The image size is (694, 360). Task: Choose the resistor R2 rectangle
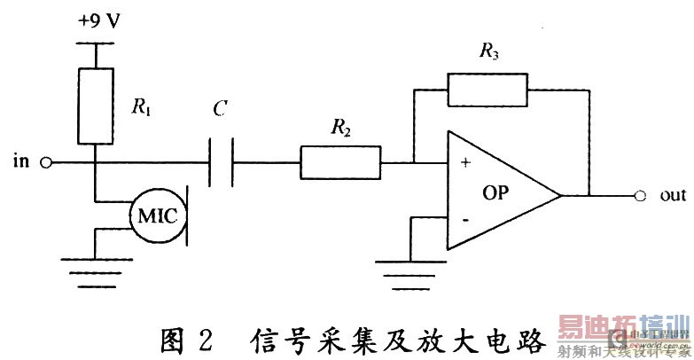click(340, 163)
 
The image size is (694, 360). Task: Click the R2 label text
click(339, 130)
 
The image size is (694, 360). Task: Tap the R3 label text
click(487, 52)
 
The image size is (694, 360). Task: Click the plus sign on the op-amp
click(465, 165)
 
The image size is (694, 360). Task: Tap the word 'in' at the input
click(20, 162)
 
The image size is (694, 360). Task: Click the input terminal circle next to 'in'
click(47, 163)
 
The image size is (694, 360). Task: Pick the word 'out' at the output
click(673, 195)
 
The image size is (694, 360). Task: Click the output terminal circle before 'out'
click(638, 195)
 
